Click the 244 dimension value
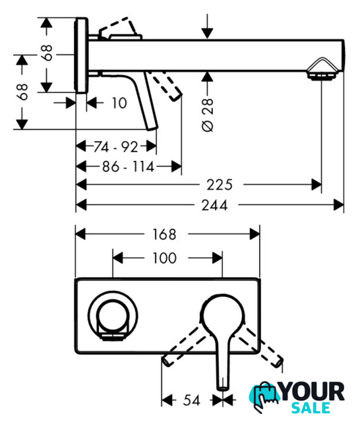214,205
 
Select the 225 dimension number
220,185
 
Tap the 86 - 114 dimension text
128,167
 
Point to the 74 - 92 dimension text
115,146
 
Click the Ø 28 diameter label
208,115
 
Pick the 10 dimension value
119,103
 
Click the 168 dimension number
164,234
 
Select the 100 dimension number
164,258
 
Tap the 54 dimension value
192,400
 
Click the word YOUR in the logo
313,392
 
